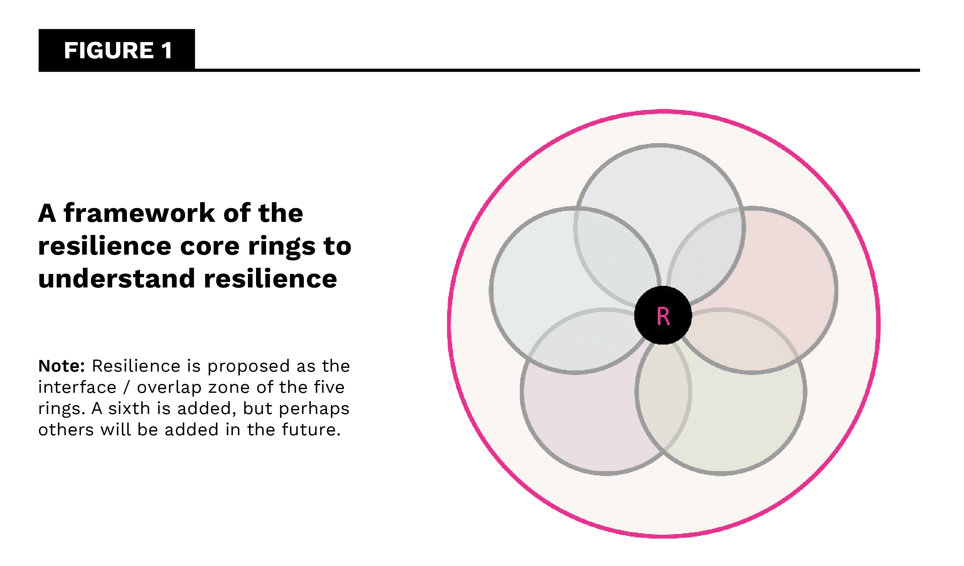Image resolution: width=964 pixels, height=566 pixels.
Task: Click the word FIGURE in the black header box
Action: pyautogui.click(x=109, y=51)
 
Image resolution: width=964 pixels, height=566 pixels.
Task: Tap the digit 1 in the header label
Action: pyautogui.click(x=167, y=51)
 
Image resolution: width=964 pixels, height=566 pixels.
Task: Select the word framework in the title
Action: pyautogui.click(x=140, y=213)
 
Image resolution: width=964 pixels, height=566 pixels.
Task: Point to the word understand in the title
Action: pyautogui.click(x=117, y=279)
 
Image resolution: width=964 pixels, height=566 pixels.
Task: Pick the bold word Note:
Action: pyautogui.click(x=62, y=366)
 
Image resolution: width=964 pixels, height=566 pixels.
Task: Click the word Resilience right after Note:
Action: pyautogui.click(x=136, y=366)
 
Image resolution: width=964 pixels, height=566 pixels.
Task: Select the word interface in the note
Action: pyautogui.click(x=77, y=387)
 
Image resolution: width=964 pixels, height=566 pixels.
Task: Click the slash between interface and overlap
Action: pyautogui.click(x=126, y=387)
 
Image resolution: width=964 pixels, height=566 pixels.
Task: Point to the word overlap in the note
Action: pyautogui.click(x=169, y=388)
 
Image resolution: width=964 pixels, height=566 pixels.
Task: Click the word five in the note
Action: pyautogui.click(x=329, y=387)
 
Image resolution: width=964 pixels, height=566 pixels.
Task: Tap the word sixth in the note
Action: pyautogui.click(x=129, y=408)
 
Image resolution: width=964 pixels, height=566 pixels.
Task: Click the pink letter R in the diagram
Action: pyautogui.click(x=664, y=316)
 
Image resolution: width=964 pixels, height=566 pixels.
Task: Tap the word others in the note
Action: pyautogui.click(x=66, y=430)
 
